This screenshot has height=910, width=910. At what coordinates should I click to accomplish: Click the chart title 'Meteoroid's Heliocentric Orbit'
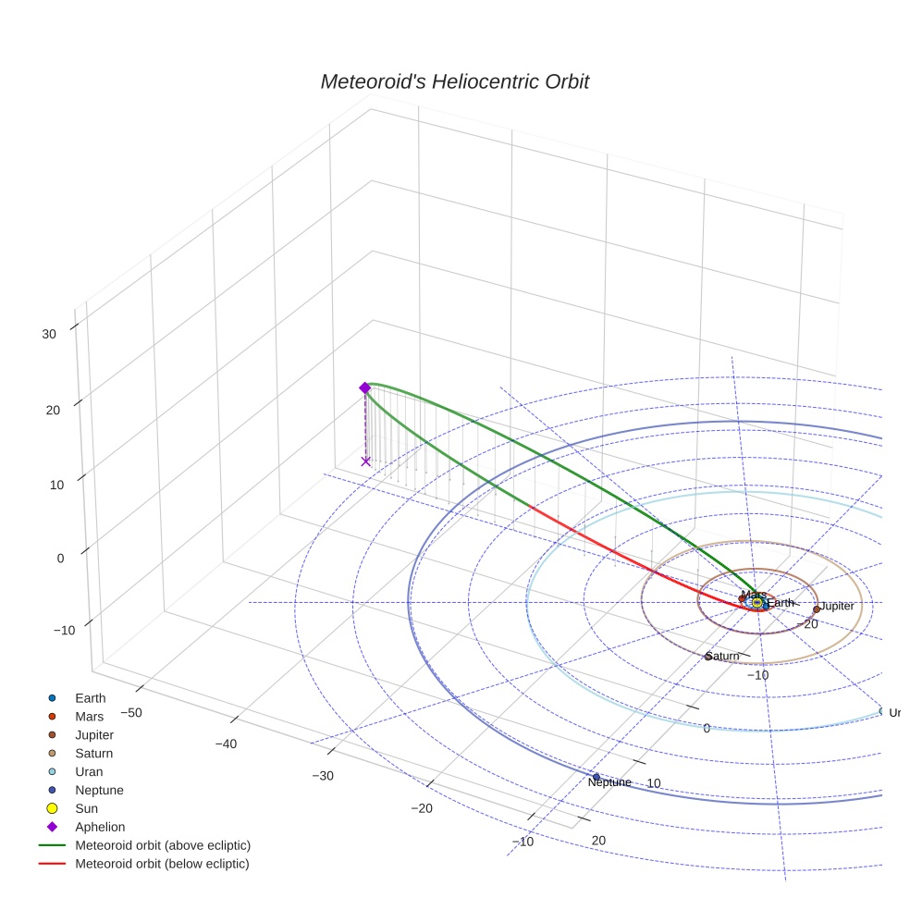[454, 82]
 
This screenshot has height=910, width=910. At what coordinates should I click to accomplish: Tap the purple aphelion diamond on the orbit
[365, 387]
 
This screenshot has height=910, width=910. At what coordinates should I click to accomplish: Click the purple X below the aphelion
[366, 461]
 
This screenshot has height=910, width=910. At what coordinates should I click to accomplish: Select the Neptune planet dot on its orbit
[596, 776]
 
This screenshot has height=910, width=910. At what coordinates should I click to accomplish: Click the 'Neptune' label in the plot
[609, 782]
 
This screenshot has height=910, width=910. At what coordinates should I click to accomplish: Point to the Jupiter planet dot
[817, 609]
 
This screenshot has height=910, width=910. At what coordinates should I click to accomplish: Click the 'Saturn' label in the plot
[722, 657]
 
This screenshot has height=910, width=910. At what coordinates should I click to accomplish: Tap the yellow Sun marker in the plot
[757, 603]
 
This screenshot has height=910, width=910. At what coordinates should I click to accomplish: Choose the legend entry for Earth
[91, 698]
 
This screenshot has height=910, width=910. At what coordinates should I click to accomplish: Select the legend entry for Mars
[90, 717]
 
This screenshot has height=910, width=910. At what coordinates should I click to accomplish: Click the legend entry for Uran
[90, 771]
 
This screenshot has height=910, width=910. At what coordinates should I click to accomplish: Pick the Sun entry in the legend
[87, 808]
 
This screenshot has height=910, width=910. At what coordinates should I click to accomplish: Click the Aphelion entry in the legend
[100, 827]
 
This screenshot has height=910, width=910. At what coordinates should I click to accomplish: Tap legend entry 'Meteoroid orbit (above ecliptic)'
[163, 845]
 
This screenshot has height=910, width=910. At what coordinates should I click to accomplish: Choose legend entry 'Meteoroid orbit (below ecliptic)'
[162, 864]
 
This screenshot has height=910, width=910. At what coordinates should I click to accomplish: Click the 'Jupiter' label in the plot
[838, 607]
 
